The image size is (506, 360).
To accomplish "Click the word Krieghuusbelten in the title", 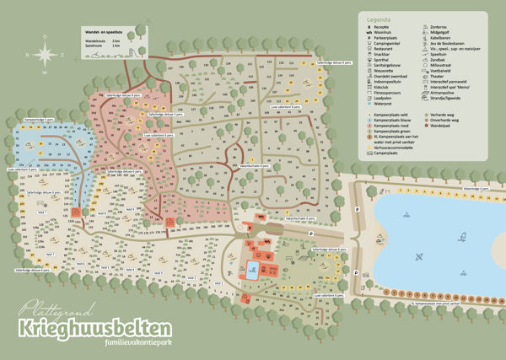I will coord(92,325).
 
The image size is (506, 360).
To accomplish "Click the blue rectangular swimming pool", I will coord(252,270).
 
